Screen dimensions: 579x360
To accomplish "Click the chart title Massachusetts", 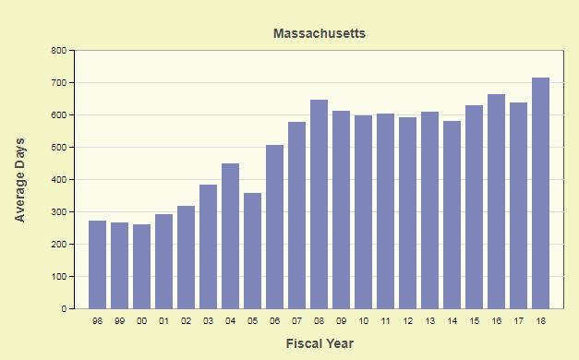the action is [x=320, y=33].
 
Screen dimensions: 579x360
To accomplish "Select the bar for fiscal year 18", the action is [x=540, y=193].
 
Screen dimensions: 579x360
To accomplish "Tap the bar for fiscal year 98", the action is [x=98, y=265].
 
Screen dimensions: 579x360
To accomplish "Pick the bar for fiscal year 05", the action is [x=253, y=251].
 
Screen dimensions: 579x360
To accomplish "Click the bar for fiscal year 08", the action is [x=319, y=204].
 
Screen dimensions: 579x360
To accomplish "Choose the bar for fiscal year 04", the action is [x=231, y=236].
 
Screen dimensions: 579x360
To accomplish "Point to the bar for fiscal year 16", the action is [x=496, y=201].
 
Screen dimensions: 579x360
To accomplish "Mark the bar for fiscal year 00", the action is [x=142, y=267].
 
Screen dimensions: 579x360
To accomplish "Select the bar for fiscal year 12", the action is [x=407, y=213].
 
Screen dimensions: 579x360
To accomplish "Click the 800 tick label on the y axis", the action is [x=59, y=50].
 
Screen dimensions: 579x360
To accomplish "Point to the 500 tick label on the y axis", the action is [x=59, y=148].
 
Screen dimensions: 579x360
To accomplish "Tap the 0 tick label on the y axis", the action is [x=65, y=308].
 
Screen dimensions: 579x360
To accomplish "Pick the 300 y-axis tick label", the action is [x=59, y=212].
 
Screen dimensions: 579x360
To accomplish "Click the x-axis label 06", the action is [x=275, y=321].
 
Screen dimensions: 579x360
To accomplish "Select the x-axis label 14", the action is [x=452, y=321].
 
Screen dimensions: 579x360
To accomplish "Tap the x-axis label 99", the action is [x=120, y=321].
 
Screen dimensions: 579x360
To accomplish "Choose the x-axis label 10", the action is [x=363, y=321].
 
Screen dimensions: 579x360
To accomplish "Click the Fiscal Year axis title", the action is [x=320, y=343].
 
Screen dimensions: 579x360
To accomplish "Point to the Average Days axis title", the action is [x=19, y=180].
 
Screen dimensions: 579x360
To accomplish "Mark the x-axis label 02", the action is [x=187, y=321].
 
